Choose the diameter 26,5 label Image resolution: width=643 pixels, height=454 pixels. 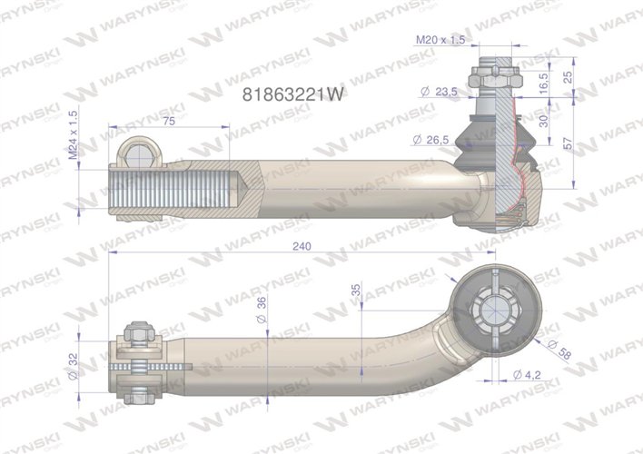coord(433,139)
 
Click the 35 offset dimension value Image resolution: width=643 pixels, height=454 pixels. coord(355,291)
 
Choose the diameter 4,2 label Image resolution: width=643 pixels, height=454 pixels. coord(529,374)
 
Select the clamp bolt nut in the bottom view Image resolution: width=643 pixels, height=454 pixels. coord(139,335)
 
